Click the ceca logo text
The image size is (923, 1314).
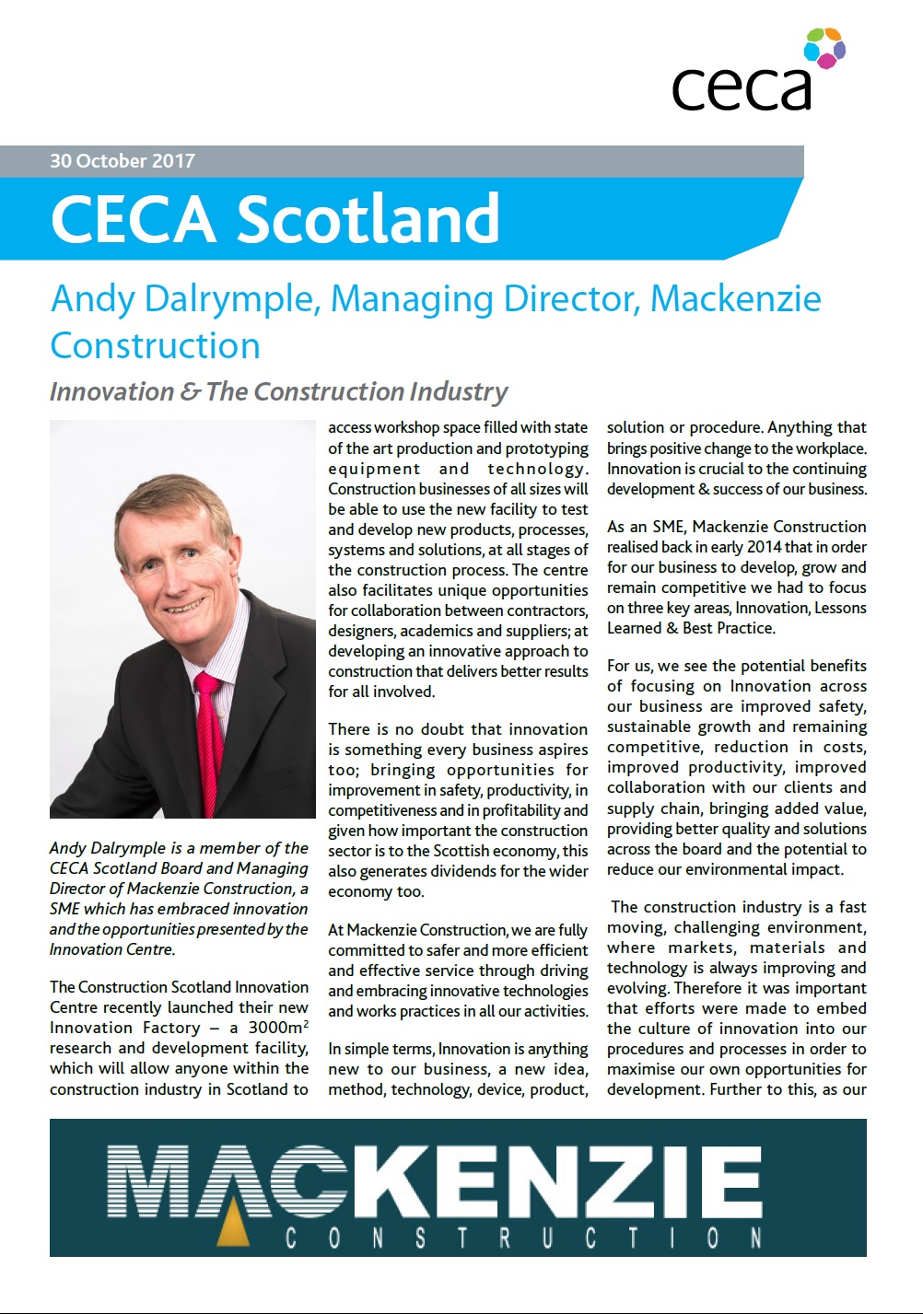coord(742,87)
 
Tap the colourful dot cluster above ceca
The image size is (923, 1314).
coord(824,48)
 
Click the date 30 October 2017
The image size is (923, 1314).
coord(123,161)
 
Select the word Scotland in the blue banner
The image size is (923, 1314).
coord(368,219)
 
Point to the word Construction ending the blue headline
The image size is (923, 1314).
coord(155,346)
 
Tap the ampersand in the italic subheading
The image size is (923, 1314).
coord(191,392)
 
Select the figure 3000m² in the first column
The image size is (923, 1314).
coord(275,1028)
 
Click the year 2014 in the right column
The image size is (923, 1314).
coord(764,547)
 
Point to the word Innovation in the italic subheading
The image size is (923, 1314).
coord(111,392)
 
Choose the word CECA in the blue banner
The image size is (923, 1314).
coord(133,219)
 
